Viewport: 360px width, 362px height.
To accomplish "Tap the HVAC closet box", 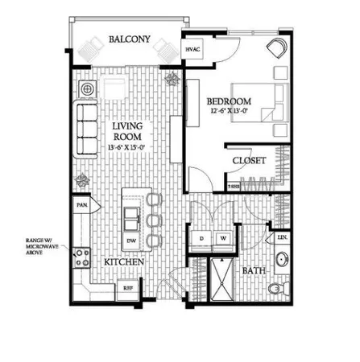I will [x=192, y=50].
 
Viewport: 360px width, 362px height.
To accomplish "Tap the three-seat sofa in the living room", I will [x=85, y=129].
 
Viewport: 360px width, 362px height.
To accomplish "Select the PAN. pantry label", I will [x=81, y=206].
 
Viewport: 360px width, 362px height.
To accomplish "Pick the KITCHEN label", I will [x=123, y=263].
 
